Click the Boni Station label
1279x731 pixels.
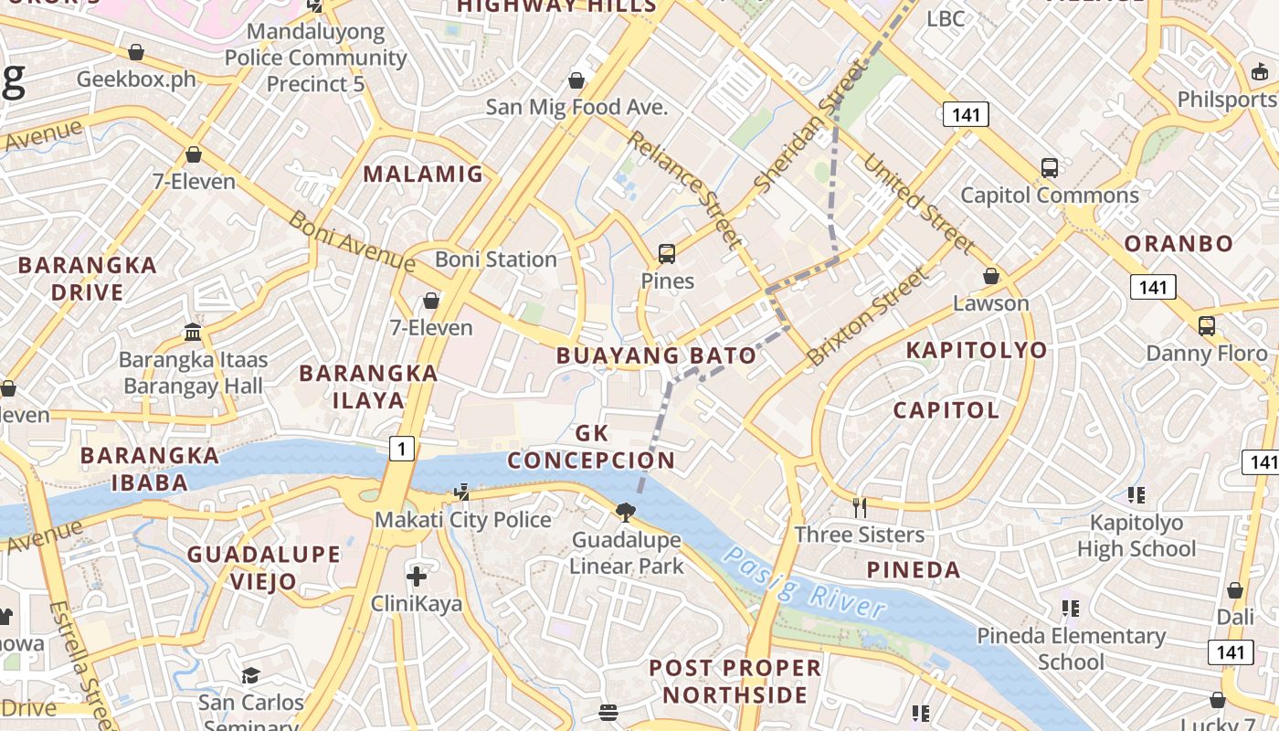pos(495,260)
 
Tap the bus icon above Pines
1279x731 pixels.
pos(667,254)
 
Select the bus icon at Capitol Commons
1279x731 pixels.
pos(1050,168)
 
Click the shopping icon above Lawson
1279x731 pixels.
pos(991,276)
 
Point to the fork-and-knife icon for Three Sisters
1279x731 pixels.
pos(860,507)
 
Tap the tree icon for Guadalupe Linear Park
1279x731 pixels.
pos(626,512)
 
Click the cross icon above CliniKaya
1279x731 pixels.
pos(417,577)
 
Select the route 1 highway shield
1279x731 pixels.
pos(401,448)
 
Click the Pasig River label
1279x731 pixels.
pos(805,584)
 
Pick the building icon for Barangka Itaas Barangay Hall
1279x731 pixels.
pos(193,332)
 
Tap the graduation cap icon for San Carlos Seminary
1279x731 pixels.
pos(250,675)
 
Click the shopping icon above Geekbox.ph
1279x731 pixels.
pos(136,52)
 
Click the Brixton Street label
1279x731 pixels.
pos(869,315)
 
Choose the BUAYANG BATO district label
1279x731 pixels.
pos(656,355)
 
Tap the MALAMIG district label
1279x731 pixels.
pos(423,174)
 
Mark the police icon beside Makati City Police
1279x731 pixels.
pos(462,493)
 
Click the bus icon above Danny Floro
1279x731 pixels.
pos(1207,325)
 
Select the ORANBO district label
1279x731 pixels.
pos(1179,244)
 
